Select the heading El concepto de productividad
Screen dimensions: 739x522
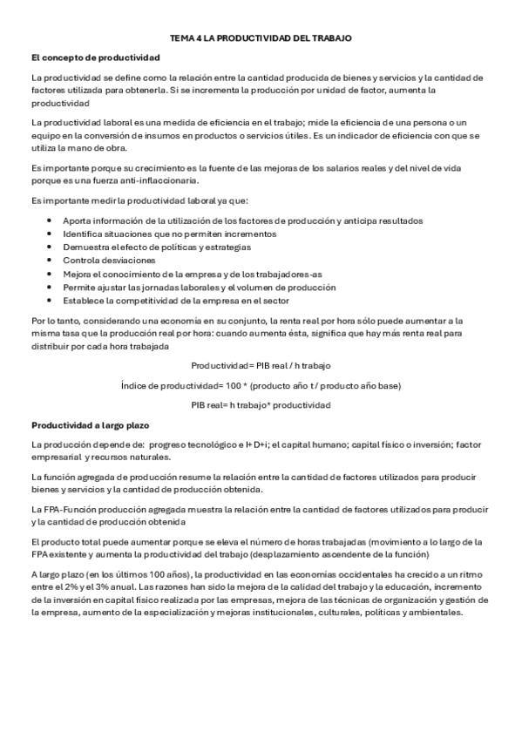[x=95, y=58]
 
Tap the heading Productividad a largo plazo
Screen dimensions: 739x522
[x=91, y=426]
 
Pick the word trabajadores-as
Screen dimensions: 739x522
[x=255, y=274]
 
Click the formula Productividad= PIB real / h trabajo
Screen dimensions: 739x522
[x=261, y=365]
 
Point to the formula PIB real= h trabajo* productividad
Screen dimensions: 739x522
[x=261, y=405]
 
